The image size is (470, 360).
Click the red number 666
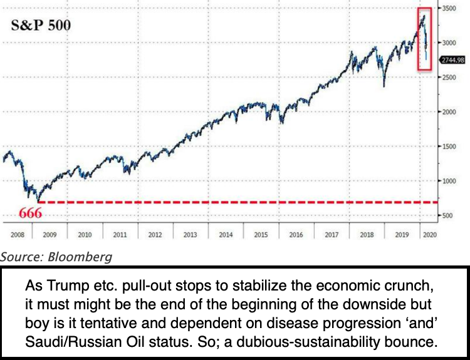(x=30, y=213)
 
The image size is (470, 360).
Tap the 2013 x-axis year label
(x=190, y=235)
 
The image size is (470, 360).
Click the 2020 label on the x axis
(x=430, y=235)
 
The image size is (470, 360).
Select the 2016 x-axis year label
(x=296, y=235)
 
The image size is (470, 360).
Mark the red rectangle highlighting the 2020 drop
(x=425, y=39)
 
